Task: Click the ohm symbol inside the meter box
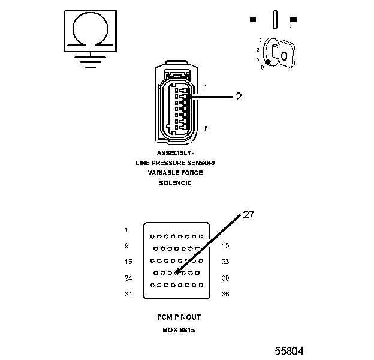[x=90, y=29]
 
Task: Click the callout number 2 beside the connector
[x=239, y=97]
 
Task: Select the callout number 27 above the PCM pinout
[x=248, y=215]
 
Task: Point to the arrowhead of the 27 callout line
[x=178, y=273]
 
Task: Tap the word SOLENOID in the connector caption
[x=175, y=183]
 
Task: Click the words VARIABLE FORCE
[x=175, y=173]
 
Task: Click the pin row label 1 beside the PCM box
[x=126, y=229]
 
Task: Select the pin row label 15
[x=225, y=245]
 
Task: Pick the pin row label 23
[x=225, y=262]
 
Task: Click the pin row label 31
[x=127, y=294]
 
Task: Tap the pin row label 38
[x=225, y=294]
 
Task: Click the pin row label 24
[x=127, y=278]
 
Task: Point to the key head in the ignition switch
[x=286, y=55]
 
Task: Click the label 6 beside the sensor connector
[x=206, y=128]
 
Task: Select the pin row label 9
[x=126, y=245]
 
